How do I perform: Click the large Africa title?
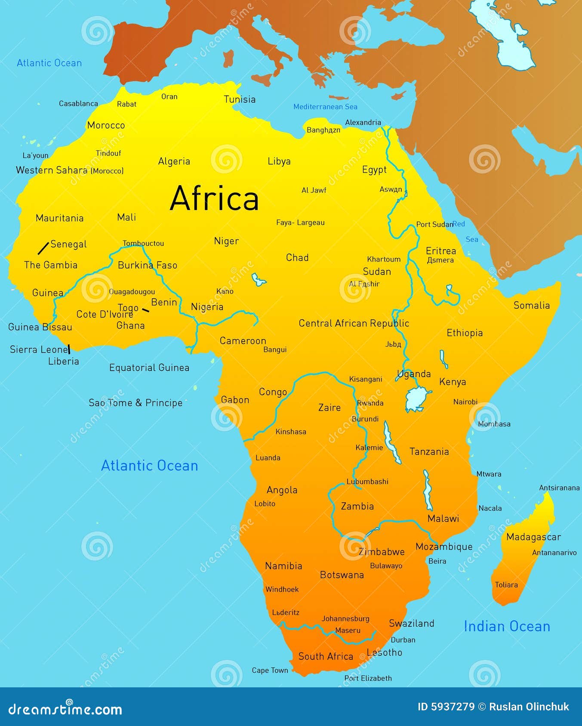[214, 198]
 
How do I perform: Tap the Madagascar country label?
[533, 537]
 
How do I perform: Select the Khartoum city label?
[384, 259]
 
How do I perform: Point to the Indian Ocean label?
[507, 626]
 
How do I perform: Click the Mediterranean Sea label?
[325, 107]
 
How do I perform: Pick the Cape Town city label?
[270, 670]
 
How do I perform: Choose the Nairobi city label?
[465, 402]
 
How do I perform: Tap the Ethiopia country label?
[465, 333]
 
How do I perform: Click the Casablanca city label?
[78, 104]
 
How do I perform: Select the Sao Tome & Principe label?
[135, 403]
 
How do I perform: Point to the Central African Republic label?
[354, 323]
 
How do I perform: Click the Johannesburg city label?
[345, 619]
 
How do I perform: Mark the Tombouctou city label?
[143, 243]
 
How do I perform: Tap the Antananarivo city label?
[554, 552]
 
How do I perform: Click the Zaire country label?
[329, 407]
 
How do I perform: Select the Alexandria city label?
[363, 122]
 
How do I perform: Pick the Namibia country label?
[283, 566]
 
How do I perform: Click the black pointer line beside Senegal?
[43, 248]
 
